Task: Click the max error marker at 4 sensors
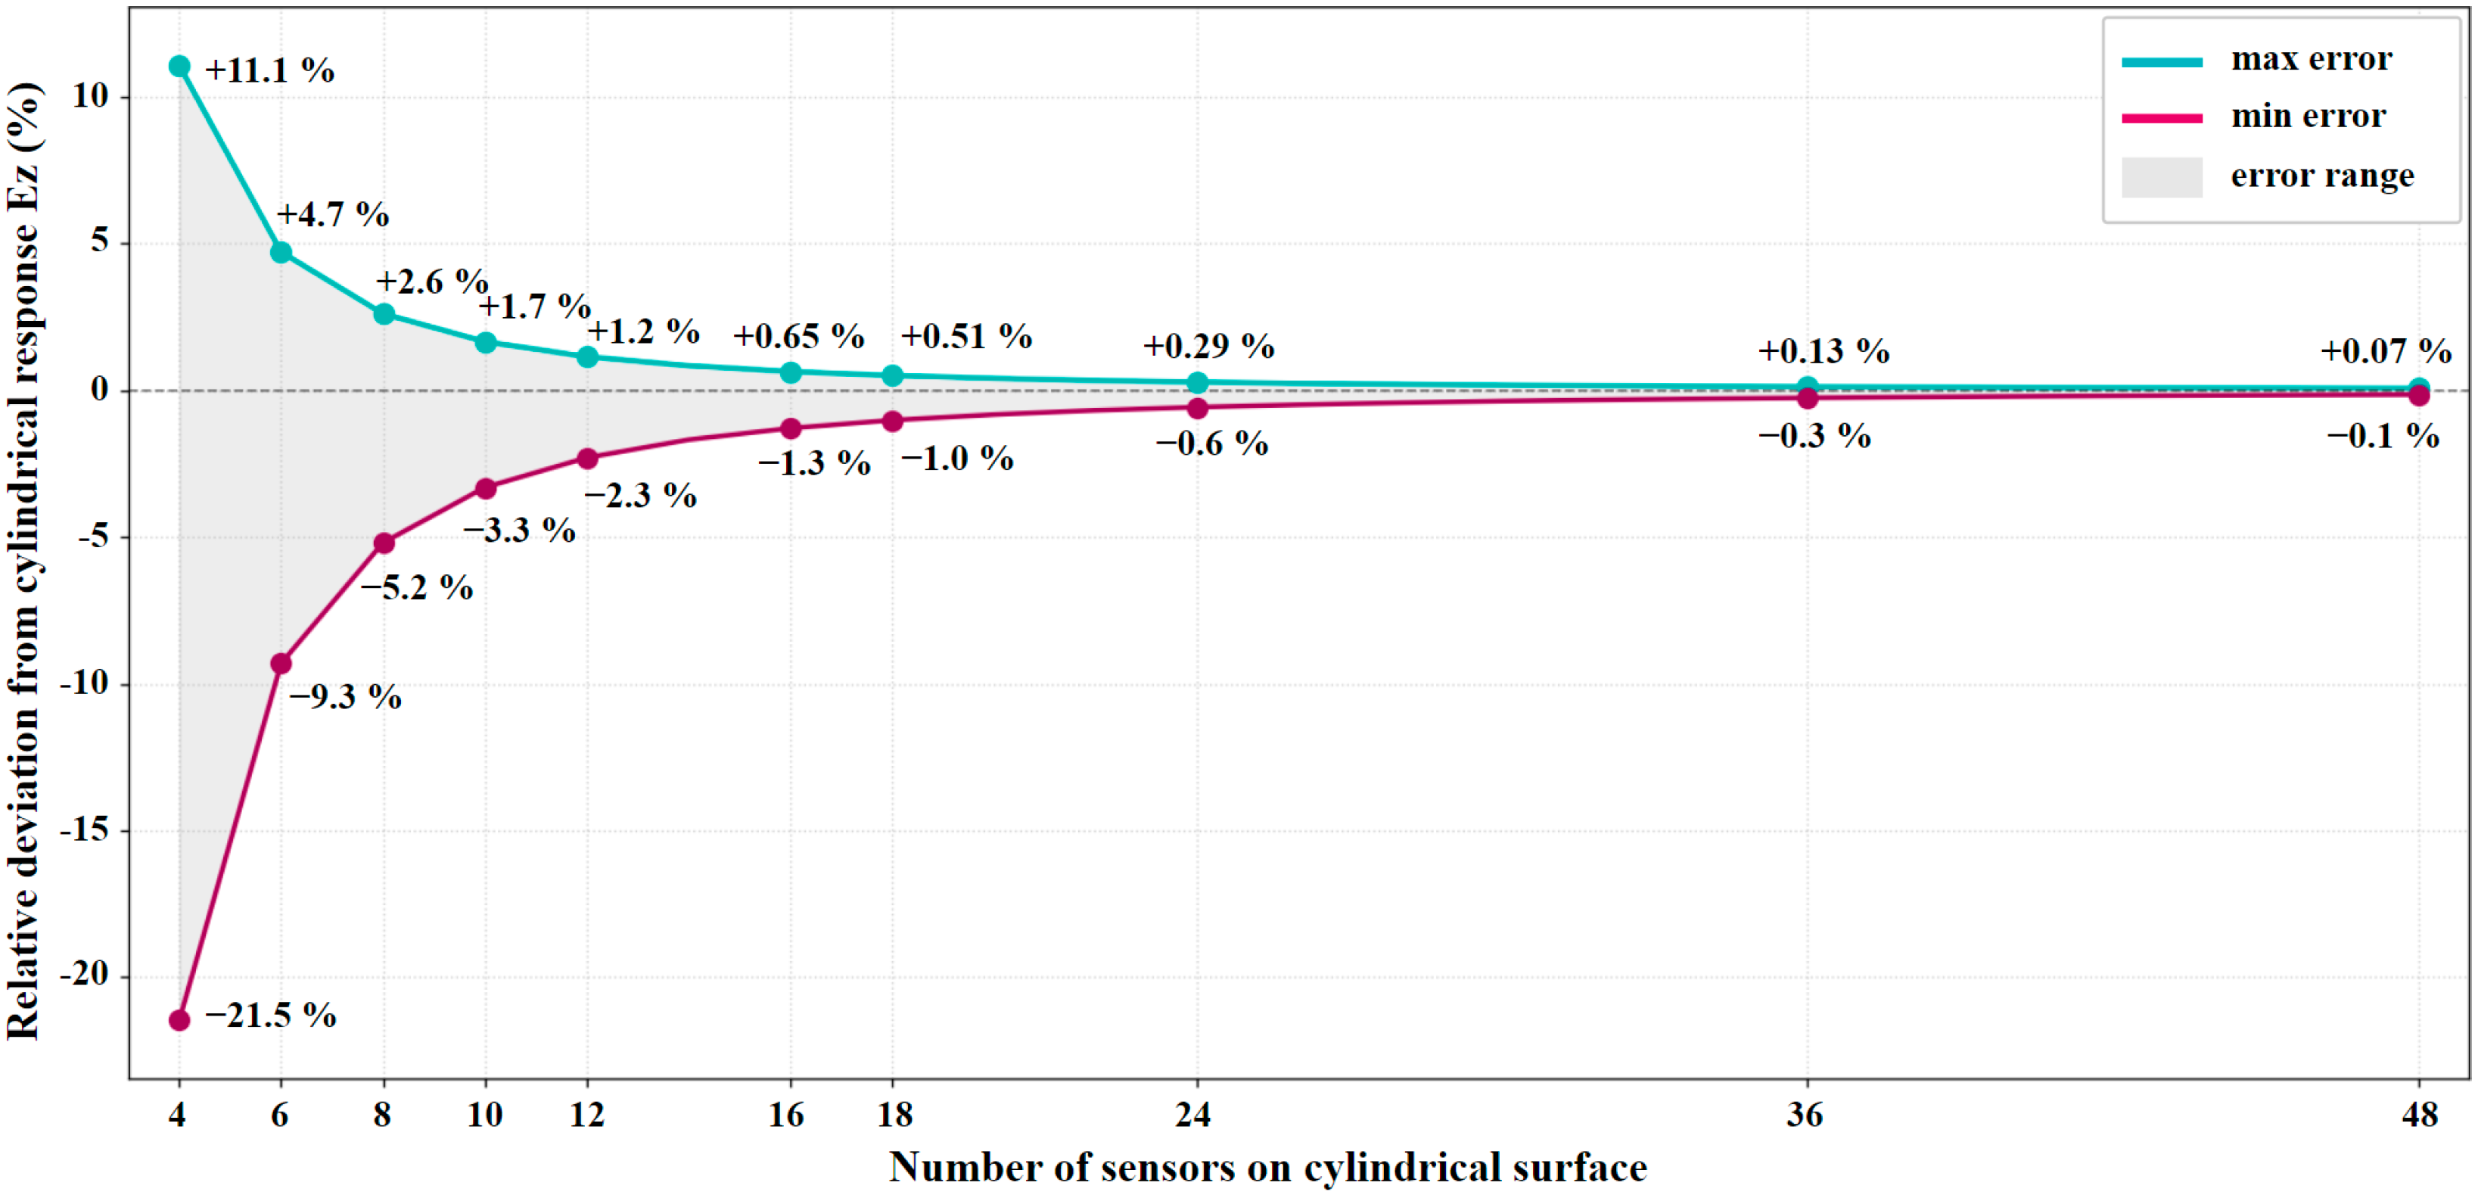(179, 67)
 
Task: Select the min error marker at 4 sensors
(179, 1020)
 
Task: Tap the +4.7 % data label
(333, 215)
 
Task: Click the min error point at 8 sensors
(384, 543)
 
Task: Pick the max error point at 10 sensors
(486, 343)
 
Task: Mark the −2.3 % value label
(641, 496)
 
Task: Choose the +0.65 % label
(799, 337)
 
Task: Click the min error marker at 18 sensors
(893, 422)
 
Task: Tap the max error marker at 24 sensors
(1198, 383)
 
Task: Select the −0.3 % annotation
(1815, 436)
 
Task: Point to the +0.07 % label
(2386, 351)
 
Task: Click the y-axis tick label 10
(91, 96)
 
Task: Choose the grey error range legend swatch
(2162, 177)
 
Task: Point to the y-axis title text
(24, 560)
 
